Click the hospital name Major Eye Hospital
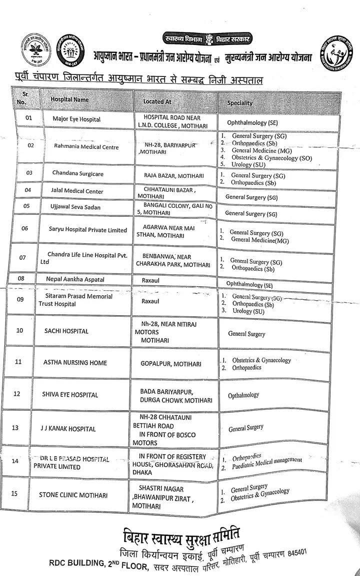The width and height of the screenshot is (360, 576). coord(76,119)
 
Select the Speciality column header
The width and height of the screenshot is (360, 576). coord(239,103)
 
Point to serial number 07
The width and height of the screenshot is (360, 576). coord(22,258)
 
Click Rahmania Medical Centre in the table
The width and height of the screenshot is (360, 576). coord(86,146)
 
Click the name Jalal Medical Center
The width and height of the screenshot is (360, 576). coord(77,191)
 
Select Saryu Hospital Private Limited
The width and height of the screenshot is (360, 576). coord(88,230)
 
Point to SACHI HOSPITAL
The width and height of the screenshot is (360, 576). coord(66,331)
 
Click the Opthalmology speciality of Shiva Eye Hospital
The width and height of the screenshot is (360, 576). coord(243,395)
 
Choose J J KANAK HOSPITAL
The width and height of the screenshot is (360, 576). coord(68,429)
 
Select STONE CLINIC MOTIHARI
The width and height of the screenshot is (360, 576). coord(72,495)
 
